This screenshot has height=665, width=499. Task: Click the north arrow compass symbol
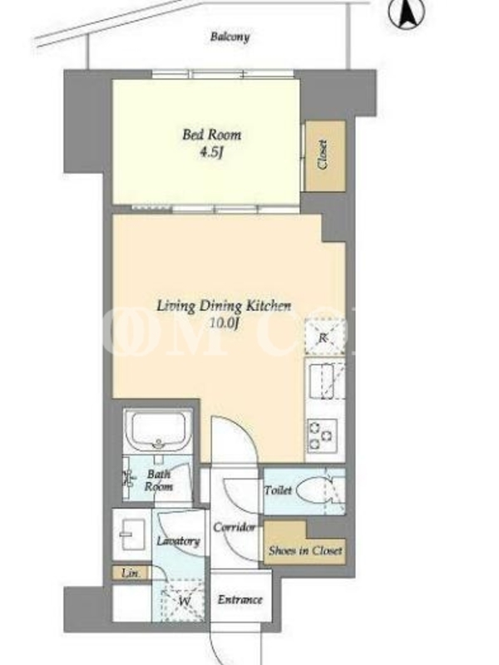pos(406,13)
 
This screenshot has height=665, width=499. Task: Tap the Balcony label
pos(230,37)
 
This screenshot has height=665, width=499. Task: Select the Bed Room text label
pos(212,135)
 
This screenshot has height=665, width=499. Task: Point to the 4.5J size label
pos(211,152)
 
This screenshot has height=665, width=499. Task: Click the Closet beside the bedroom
pos(325,156)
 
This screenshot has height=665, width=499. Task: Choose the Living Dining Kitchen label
pos(224,305)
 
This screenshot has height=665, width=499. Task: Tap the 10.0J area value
pos(225,323)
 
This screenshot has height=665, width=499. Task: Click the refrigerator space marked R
pos(324,337)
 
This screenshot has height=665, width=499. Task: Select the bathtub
pos(158,429)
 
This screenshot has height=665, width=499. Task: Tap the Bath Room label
pos(159,480)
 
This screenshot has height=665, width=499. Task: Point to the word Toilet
pos(279,490)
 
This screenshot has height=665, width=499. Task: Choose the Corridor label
pos(235,527)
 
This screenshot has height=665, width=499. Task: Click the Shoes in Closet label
pos(305,550)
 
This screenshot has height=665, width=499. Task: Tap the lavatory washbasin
pos(131,534)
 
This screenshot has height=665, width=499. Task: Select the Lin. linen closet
pos(131,574)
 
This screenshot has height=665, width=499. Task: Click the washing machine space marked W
pos(184,601)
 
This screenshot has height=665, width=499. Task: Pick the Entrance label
pos(240,599)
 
